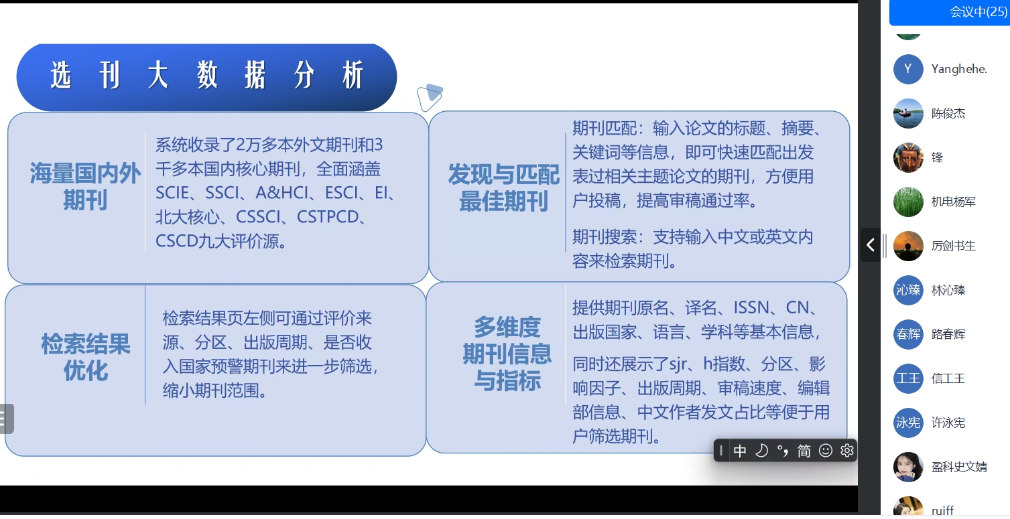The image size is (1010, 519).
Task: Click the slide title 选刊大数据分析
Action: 206,75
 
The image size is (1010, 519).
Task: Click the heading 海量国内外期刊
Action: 85,186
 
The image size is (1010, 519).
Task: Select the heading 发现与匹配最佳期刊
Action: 503,188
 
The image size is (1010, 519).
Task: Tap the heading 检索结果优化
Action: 86,357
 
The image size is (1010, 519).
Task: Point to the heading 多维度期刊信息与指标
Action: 507,354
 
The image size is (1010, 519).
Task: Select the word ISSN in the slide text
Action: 751,307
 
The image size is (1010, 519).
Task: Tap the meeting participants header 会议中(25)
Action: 978,11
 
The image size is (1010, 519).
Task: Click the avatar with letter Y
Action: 908,69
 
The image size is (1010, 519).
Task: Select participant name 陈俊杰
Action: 948,113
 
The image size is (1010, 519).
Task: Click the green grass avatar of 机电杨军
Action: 908,202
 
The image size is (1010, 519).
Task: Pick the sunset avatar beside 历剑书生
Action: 908,246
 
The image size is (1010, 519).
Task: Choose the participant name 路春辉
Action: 948,334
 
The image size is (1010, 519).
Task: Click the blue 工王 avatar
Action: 908,378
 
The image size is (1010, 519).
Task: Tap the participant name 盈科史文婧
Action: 960,467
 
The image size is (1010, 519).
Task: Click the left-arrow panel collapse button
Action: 870,245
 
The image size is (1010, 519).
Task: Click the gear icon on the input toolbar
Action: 846,451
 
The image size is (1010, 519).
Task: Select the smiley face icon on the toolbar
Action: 826,451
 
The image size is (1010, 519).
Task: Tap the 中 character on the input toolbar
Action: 739,451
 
